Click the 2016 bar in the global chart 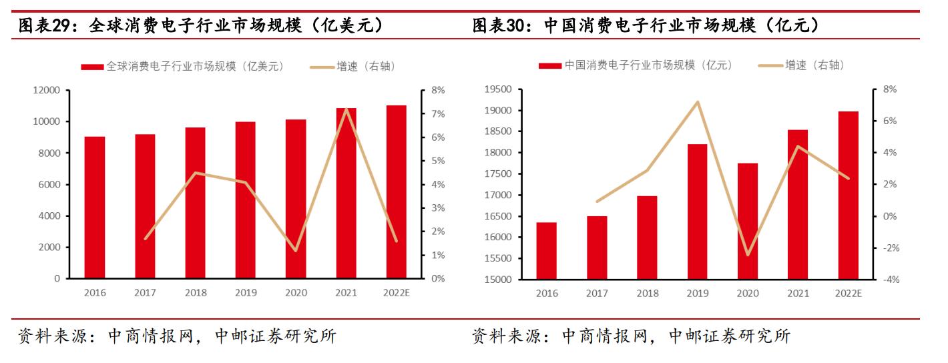click(95, 207)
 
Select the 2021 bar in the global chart click(346, 193)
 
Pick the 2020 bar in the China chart click(748, 221)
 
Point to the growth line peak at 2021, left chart click(346, 108)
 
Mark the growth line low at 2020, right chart click(748, 255)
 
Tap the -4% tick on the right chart click(891, 280)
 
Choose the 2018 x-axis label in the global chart click(196, 293)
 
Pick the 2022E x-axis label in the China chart click(849, 294)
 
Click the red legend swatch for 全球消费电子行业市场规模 click(92, 66)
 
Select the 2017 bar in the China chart click(597, 247)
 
